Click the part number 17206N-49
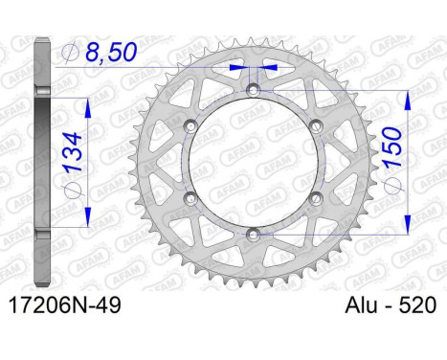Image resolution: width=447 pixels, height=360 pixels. pos(65,305)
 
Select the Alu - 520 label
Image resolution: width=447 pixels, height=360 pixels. pos(391,305)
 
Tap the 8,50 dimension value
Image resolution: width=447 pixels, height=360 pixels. pos(111,52)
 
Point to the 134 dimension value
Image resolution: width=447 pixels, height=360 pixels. pos(74,152)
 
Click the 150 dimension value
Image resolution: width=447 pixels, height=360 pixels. pos(392,147)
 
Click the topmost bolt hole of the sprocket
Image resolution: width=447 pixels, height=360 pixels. pos(254,90)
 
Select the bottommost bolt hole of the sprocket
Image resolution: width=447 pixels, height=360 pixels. pos(254,235)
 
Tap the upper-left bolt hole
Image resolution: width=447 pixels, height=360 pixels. pos(190,125)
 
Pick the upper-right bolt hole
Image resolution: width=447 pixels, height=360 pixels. pos(316,125)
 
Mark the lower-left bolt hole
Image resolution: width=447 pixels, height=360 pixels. pos(190,198)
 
